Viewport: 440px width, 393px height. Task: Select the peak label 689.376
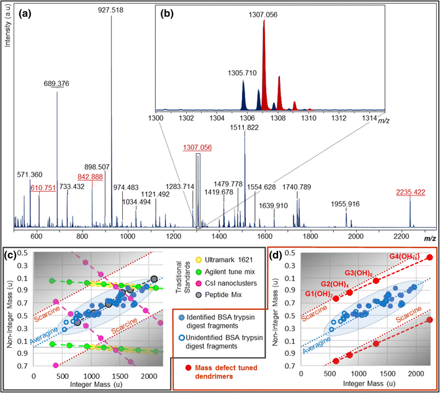(x=57, y=84)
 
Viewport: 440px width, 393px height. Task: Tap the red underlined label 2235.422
(x=410, y=192)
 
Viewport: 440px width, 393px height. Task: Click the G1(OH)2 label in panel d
(x=319, y=293)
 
